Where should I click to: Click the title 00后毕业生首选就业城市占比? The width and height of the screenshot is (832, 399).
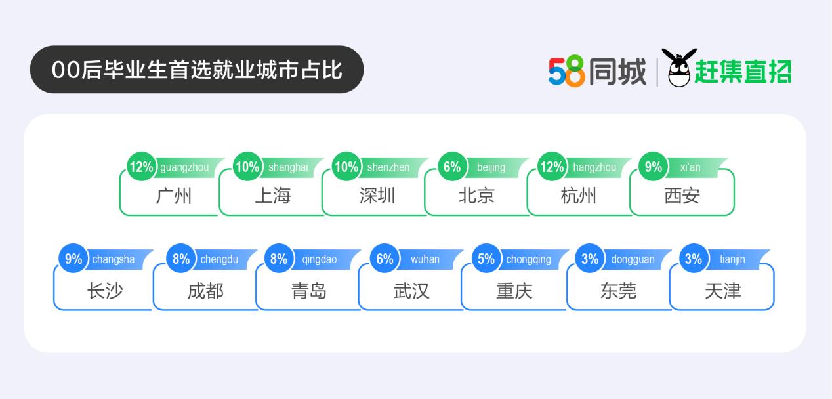(197, 70)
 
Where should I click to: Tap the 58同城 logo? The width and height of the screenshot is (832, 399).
(597, 71)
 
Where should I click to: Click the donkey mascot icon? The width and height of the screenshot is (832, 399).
(679, 68)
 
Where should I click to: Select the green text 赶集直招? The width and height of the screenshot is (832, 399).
(743, 72)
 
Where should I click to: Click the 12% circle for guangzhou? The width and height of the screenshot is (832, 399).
(142, 167)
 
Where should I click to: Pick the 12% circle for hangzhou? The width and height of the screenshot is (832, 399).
(552, 167)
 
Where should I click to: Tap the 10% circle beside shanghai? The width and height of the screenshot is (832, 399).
(247, 167)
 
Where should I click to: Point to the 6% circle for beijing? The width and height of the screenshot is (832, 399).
(452, 167)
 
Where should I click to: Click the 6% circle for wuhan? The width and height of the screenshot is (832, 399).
(385, 259)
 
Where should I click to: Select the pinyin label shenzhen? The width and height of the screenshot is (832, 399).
(388, 167)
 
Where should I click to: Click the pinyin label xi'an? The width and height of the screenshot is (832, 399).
(690, 167)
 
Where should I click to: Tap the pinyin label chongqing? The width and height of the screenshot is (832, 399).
(529, 260)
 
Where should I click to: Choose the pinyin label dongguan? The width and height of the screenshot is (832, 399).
(633, 260)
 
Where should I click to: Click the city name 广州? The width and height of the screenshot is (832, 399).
(174, 196)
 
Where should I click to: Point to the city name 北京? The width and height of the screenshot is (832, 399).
(476, 196)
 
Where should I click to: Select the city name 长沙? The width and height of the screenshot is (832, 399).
(105, 291)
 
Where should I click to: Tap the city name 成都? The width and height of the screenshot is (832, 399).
(206, 291)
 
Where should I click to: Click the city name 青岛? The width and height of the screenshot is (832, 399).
(309, 291)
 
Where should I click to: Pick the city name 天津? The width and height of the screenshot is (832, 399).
(723, 291)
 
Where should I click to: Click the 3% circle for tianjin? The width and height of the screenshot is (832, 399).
(694, 259)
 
